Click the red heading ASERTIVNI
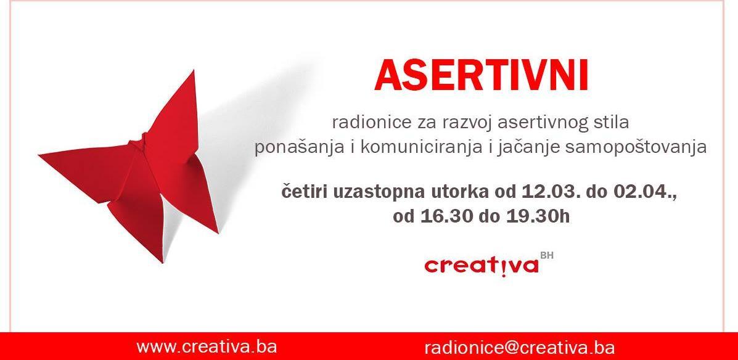(x=482, y=76)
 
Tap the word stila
(x=611, y=123)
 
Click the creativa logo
(x=482, y=266)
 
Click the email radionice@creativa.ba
(x=519, y=347)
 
